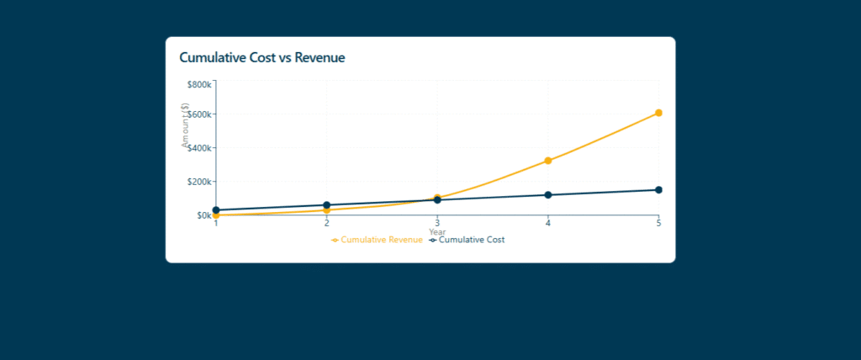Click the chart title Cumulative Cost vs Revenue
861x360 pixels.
(x=262, y=58)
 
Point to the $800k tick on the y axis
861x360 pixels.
(x=200, y=85)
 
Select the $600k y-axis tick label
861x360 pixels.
(x=200, y=114)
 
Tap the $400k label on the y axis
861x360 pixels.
(x=200, y=148)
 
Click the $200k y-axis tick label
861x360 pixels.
(x=200, y=182)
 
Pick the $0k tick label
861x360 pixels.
(x=203, y=215)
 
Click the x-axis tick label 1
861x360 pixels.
(x=216, y=223)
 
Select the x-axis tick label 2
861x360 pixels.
(x=326, y=223)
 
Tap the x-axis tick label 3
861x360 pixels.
(x=437, y=223)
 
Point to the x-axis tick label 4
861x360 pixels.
(x=548, y=223)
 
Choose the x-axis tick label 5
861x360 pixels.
(x=658, y=223)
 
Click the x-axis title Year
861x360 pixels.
(x=437, y=232)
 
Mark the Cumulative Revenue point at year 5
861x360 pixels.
(x=658, y=113)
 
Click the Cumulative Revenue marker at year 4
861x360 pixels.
(x=548, y=161)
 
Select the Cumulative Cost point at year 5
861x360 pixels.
(x=658, y=190)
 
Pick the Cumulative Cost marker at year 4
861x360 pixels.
(x=548, y=195)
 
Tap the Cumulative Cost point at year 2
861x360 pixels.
(x=326, y=205)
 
